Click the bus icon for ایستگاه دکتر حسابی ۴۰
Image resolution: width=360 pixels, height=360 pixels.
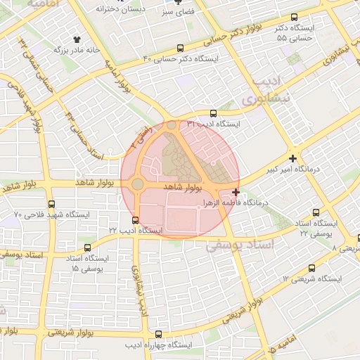tap(181, 49)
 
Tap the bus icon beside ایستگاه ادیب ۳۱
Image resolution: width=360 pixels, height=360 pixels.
tap(214, 112)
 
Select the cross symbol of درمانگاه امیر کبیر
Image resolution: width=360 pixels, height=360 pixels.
tap(292, 158)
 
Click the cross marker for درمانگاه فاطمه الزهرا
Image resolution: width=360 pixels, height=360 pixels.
tap(235, 192)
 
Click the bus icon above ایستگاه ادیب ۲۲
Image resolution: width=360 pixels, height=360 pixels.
tap(135, 220)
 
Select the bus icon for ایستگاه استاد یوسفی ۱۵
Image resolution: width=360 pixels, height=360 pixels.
tap(88, 248)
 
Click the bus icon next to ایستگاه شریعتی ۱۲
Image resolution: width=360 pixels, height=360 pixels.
tap(312, 268)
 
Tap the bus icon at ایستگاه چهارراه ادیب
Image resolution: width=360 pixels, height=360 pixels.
tap(159, 335)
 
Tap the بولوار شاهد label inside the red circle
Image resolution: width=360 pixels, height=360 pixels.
tap(183, 188)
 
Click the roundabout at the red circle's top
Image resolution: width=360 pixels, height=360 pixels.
tap(172, 125)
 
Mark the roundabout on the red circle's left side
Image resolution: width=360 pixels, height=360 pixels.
tap(136, 184)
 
